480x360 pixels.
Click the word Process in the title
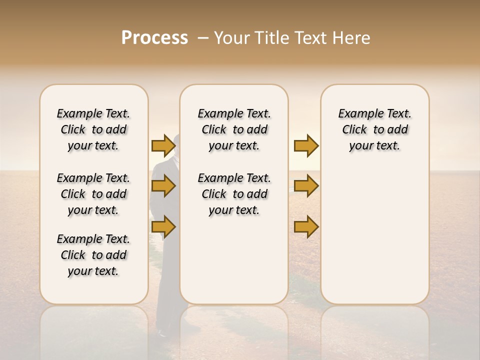(154, 38)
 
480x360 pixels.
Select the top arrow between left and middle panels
(163, 145)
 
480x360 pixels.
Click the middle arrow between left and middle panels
(163, 186)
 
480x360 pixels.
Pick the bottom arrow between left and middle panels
(163, 227)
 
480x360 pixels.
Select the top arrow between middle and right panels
(306, 145)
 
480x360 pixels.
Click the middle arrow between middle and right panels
(306, 186)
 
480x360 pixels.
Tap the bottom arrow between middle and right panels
(306, 227)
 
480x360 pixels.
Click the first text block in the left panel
(93, 129)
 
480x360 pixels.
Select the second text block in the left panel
(93, 194)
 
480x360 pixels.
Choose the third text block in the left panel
(93, 255)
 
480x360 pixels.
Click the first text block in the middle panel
(234, 129)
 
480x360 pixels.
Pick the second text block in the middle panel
(234, 194)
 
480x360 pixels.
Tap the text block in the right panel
(374, 129)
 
